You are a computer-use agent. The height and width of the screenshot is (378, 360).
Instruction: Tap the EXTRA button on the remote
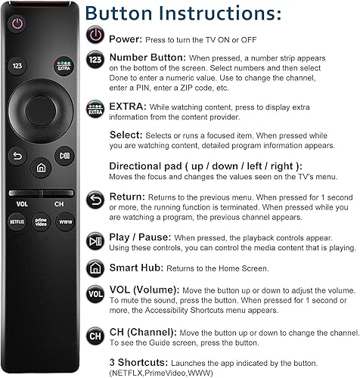pyautogui.click(x=63, y=66)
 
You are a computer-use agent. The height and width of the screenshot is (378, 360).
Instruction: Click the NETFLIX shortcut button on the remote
pyautogui.click(x=17, y=222)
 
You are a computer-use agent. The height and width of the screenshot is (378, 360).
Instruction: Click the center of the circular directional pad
pyautogui.click(x=40, y=113)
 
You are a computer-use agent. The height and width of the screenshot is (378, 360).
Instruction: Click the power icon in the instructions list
pyautogui.click(x=95, y=36)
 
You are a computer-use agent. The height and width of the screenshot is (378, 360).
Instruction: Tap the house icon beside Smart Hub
pyautogui.click(x=95, y=268)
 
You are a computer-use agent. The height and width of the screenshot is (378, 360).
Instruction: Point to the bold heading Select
pyautogui.click(x=126, y=133)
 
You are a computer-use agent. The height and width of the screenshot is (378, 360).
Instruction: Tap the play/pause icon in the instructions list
pyautogui.click(x=95, y=242)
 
